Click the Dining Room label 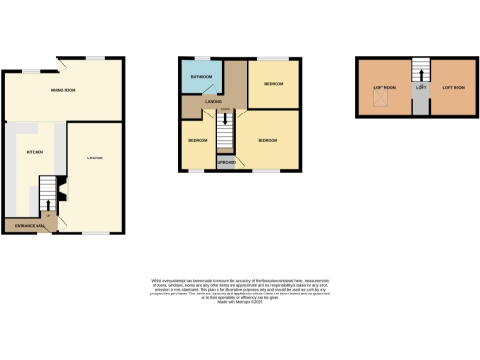click(x=63, y=90)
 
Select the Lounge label click(x=94, y=157)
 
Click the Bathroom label click(x=202, y=76)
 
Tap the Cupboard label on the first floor click(x=226, y=163)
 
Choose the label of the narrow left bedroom click(x=198, y=141)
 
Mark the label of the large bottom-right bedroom click(x=268, y=141)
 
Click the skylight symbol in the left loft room click(x=379, y=100)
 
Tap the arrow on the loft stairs click(x=420, y=72)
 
